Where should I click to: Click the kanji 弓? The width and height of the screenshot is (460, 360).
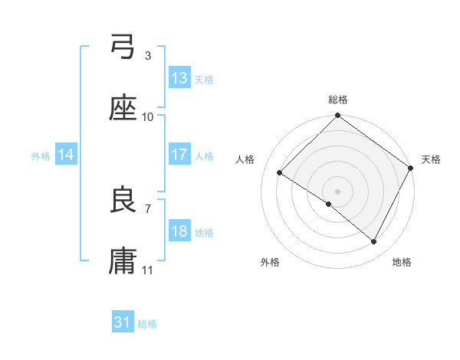pyautogui.click(x=123, y=50)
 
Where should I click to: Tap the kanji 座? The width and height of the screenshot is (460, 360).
pyautogui.click(x=123, y=110)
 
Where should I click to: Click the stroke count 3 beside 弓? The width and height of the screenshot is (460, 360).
pyautogui.click(x=147, y=56)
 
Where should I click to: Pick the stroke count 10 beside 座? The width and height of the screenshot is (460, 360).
pyautogui.click(x=147, y=116)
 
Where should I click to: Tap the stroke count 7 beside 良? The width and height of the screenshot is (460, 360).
pyautogui.click(x=147, y=208)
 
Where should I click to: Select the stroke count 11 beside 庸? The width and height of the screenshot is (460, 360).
pyautogui.click(x=147, y=269)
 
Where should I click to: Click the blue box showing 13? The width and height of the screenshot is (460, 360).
pyautogui.click(x=179, y=78)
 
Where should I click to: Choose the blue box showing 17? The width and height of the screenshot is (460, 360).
pyautogui.click(x=179, y=155)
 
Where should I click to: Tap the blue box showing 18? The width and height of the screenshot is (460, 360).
pyautogui.click(x=179, y=231)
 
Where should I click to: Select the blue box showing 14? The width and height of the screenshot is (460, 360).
pyautogui.click(x=66, y=155)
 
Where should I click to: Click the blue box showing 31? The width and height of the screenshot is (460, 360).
pyautogui.click(x=123, y=322)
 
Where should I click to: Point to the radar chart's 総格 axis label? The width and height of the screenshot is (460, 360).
pyautogui.click(x=338, y=100)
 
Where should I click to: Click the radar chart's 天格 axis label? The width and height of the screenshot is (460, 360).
pyautogui.click(x=431, y=159)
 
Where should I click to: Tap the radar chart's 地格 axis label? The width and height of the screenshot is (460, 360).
pyautogui.click(x=402, y=262)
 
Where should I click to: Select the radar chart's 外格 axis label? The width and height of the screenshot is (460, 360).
pyautogui.click(x=270, y=262)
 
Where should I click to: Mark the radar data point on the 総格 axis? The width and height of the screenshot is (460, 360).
pyautogui.click(x=337, y=116)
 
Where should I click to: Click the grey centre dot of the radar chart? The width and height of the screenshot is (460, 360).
pyautogui.click(x=337, y=191)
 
